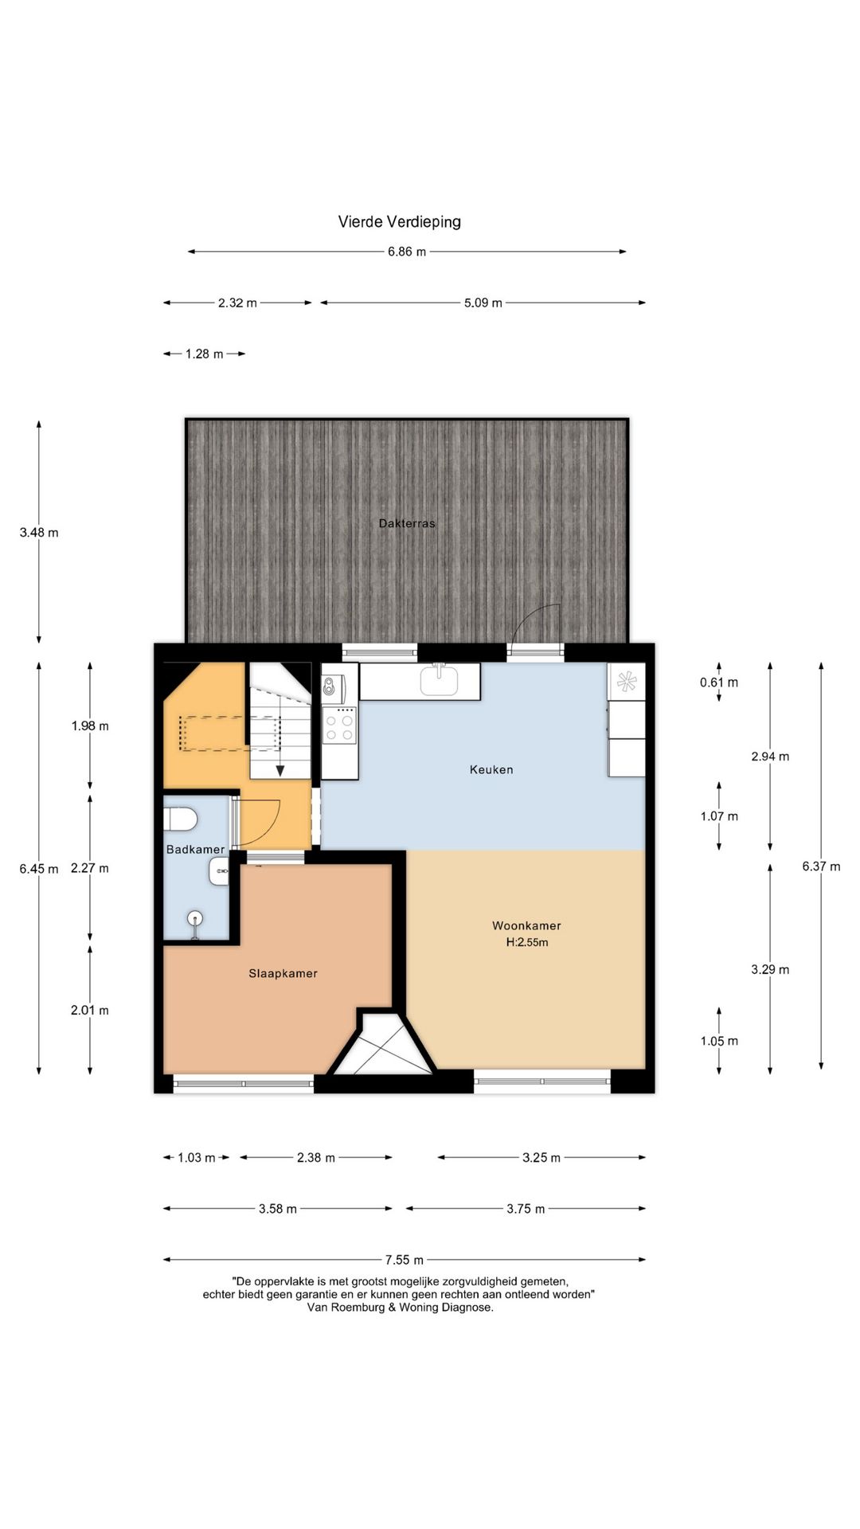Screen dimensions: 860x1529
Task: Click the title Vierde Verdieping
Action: coord(399,222)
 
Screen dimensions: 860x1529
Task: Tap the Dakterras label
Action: coord(407,523)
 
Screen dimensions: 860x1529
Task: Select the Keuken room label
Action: coord(491,769)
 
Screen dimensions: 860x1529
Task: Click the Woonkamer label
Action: coord(526,925)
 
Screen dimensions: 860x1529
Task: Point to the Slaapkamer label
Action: coord(283,973)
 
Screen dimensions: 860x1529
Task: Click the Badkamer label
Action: coord(195,850)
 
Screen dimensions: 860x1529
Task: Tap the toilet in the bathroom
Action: coord(180,819)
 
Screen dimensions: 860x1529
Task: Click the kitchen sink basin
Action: coord(440,680)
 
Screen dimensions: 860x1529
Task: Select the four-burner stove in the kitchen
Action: coord(339,725)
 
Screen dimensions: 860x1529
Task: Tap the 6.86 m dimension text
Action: coord(407,252)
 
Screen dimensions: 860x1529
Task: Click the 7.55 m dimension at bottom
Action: coord(405,1260)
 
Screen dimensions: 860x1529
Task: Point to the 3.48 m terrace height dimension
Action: coord(39,532)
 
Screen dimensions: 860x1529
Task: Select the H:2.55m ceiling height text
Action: coord(526,942)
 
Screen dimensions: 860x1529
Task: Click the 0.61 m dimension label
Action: coord(719,682)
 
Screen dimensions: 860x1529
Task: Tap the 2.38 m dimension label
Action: coord(316,1157)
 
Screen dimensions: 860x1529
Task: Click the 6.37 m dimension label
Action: coord(821,866)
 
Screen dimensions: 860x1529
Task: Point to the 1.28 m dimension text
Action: coord(204,354)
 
